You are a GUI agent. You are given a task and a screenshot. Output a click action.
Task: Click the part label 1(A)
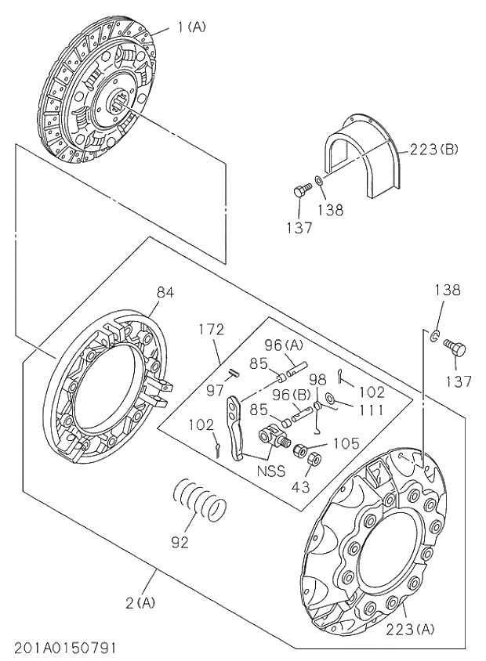pyautogui.click(x=190, y=27)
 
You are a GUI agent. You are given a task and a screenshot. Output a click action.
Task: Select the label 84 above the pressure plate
pyautogui.click(x=165, y=292)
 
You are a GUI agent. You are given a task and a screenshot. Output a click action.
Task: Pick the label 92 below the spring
pyautogui.click(x=180, y=542)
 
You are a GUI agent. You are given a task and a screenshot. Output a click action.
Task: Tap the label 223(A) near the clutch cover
pyautogui.click(x=410, y=627)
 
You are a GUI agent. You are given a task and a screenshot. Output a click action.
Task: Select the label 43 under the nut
pyautogui.click(x=300, y=486)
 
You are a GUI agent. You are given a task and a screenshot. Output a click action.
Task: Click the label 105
pyautogui.click(x=344, y=443)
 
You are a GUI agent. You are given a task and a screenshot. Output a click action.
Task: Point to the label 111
pyautogui.click(x=372, y=409)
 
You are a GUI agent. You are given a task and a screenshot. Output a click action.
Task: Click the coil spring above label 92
pyautogui.click(x=200, y=500)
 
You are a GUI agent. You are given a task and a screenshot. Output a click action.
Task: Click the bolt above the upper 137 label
pyautogui.click(x=299, y=190)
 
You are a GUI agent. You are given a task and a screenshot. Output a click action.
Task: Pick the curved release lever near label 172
pyautogui.click(x=236, y=427)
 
